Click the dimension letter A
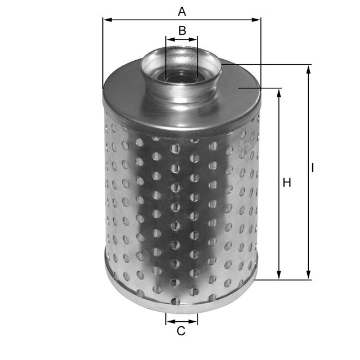[x=181, y=11]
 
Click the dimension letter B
[x=182, y=30]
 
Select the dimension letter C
[x=181, y=331]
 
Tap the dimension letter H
[x=287, y=183]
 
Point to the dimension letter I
[x=313, y=168]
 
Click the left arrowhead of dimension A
[x=106, y=20]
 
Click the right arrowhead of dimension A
[x=258, y=20]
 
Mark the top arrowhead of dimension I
[x=308, y=69]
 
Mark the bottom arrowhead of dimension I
[x=308, y=276]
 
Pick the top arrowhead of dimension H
[x=279, y=92]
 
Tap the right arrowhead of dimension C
[x=195, y=322]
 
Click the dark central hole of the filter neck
[x=181, y=76]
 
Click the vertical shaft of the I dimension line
[x=308, y=225]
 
